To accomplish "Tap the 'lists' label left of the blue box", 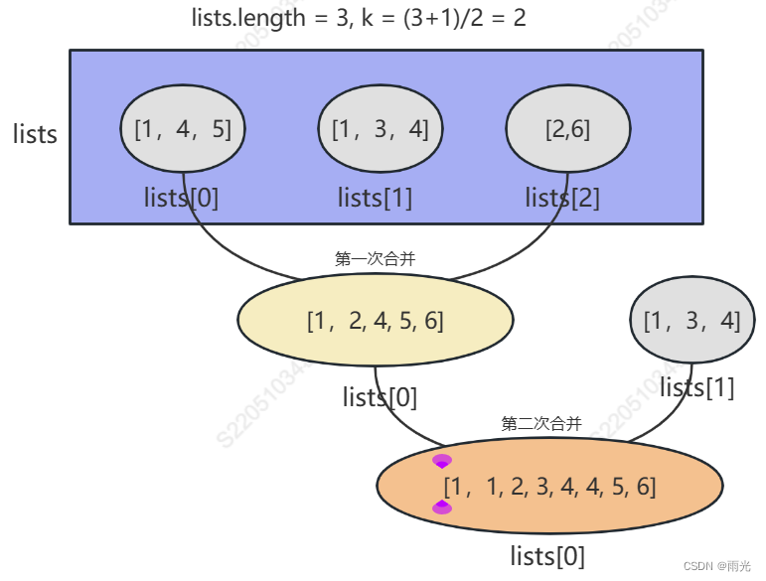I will pos(35,135).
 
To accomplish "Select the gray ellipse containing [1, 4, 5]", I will pos(182,129).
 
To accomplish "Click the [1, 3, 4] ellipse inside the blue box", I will pos(380,129).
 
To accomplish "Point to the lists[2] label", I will pos(562,198).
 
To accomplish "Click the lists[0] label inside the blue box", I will pos(181,198).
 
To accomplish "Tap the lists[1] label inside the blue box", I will pos(375,198).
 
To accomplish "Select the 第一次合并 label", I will pos(375,258).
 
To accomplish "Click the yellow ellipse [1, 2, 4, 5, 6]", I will pos(375,320).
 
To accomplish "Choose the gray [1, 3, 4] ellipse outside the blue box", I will pos(692,320).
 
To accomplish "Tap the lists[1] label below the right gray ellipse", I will pos(697,387).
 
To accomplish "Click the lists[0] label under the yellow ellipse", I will pos(380,397).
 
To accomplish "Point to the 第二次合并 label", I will pos(541,424).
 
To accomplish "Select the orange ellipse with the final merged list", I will pos(548,487).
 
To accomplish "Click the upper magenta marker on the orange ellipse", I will pos(442,461).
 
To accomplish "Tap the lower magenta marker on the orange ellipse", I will pos(442,508).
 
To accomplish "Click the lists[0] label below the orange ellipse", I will pos(547,555).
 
